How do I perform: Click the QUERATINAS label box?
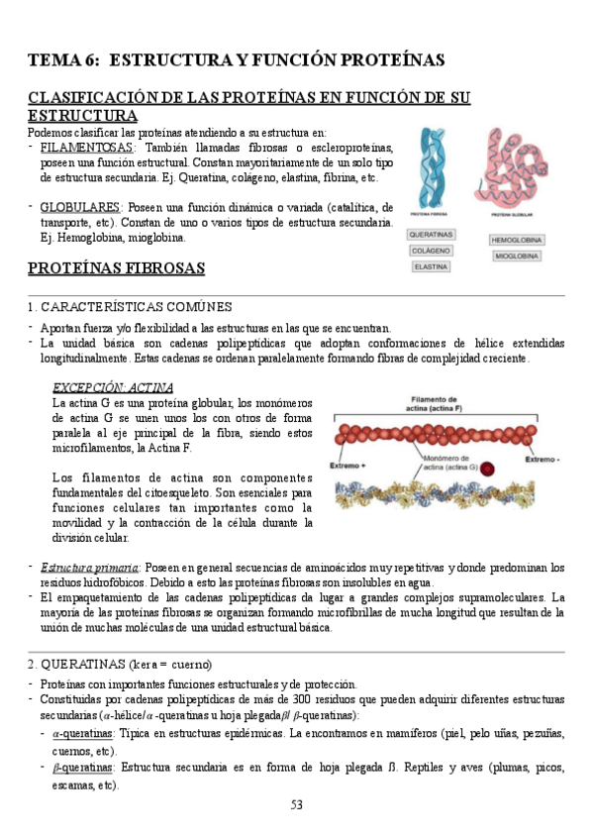432,235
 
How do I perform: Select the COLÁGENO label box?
432,251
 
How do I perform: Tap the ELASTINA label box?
432,266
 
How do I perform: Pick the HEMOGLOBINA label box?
515,241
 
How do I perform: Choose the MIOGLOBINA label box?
515,257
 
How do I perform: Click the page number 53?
296,804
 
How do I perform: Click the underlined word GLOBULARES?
79,208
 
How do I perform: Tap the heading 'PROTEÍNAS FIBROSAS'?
116,268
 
